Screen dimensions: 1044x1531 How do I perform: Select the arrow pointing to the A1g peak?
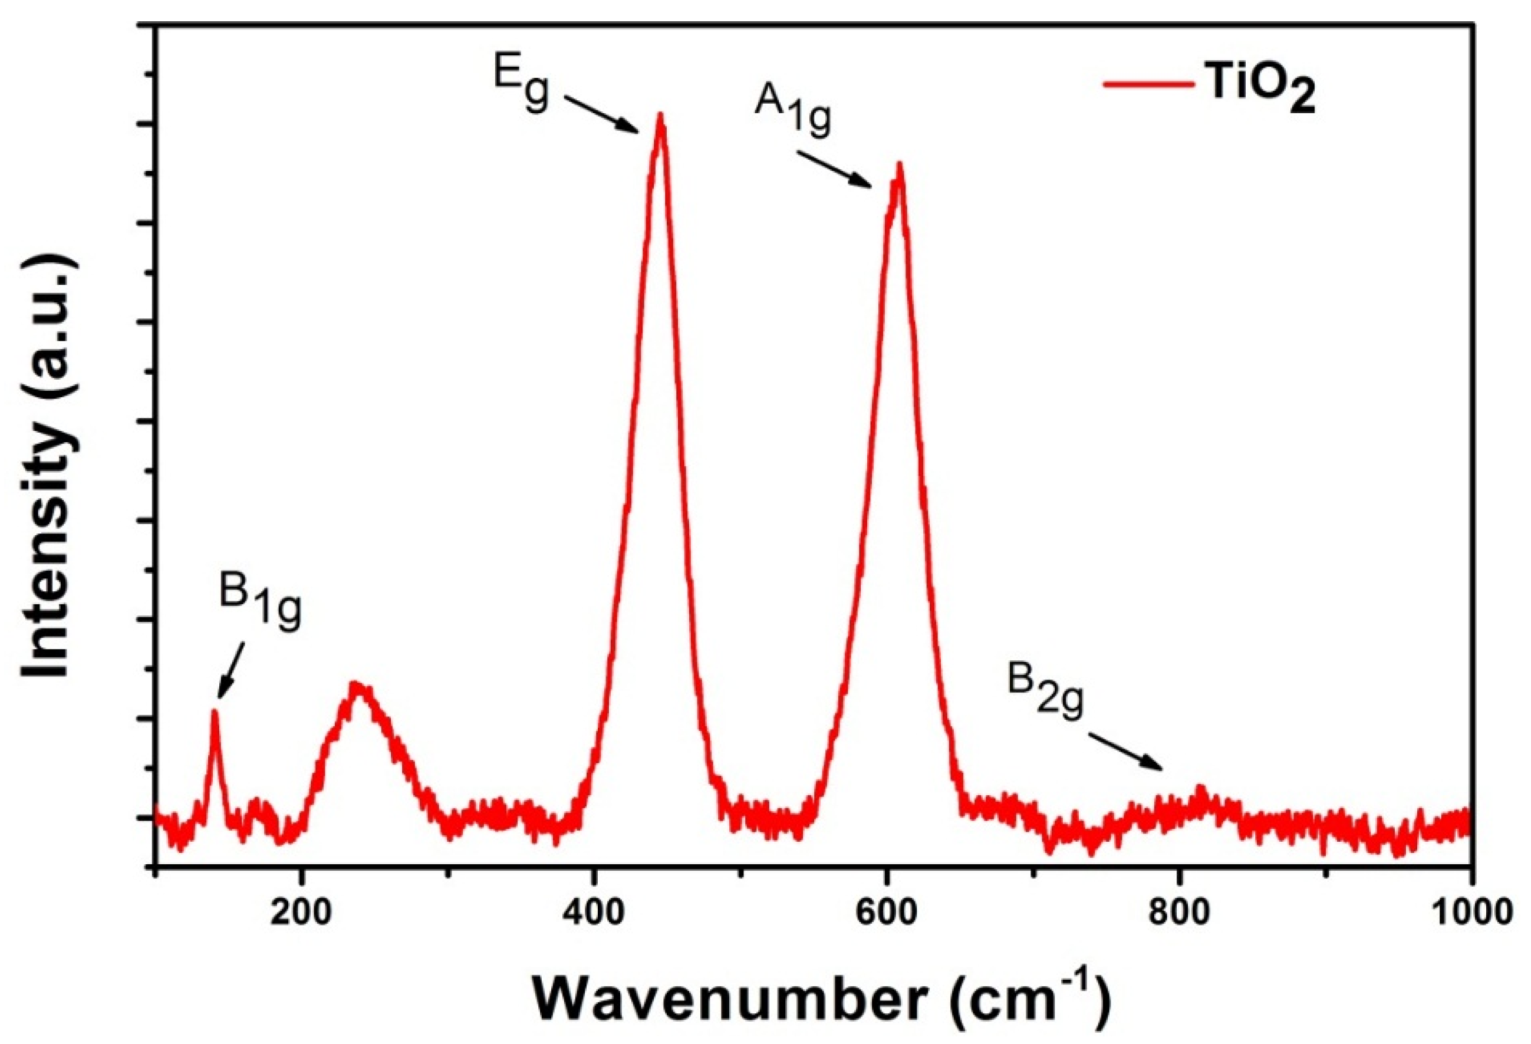tap(835, 170)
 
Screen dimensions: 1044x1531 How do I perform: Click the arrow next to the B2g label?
tap(1124, 750)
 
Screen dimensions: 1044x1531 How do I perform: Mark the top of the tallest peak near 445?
tap(660, 117)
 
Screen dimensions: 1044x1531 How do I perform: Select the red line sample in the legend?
tap(1148, 85)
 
